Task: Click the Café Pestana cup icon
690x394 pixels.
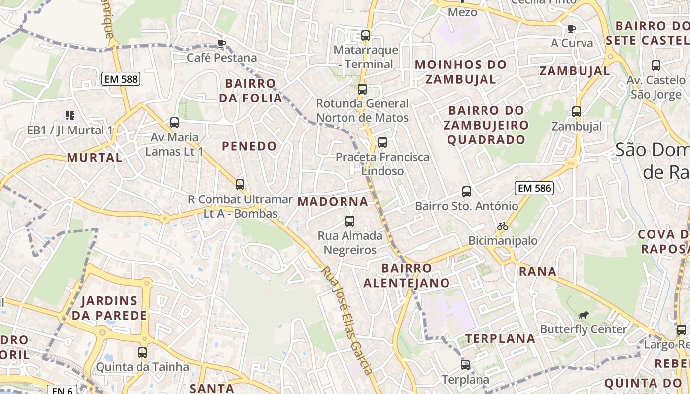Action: [222, 43]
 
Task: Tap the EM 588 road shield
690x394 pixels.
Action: [121, 79]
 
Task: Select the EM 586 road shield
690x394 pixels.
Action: [534, 188]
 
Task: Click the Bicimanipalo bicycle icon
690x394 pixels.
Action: [503, 227]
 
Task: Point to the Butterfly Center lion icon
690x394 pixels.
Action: [584, 315]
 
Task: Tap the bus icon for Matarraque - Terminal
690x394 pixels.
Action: [365, 35]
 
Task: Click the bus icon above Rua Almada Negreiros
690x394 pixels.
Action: [350, 221]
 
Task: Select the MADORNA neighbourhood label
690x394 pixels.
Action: [333, 202]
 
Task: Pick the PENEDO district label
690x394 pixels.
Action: [249, 146]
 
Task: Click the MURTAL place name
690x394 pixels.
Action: [95, 158]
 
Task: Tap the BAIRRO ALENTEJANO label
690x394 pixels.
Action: [407, 276]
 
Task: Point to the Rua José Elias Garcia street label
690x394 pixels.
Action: [347, 320]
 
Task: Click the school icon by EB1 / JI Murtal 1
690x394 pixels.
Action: [69, 116]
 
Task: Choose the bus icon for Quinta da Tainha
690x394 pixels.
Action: [142, 353]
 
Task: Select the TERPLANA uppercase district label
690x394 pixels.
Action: [500, 339]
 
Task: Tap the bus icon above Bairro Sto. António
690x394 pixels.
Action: [467, 192]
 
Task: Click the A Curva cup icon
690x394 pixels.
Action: [572, 29]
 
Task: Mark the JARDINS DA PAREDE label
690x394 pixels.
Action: [109, 308]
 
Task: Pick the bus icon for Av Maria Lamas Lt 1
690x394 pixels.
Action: [174, 123]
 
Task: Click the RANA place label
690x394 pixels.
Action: [538, 271]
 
